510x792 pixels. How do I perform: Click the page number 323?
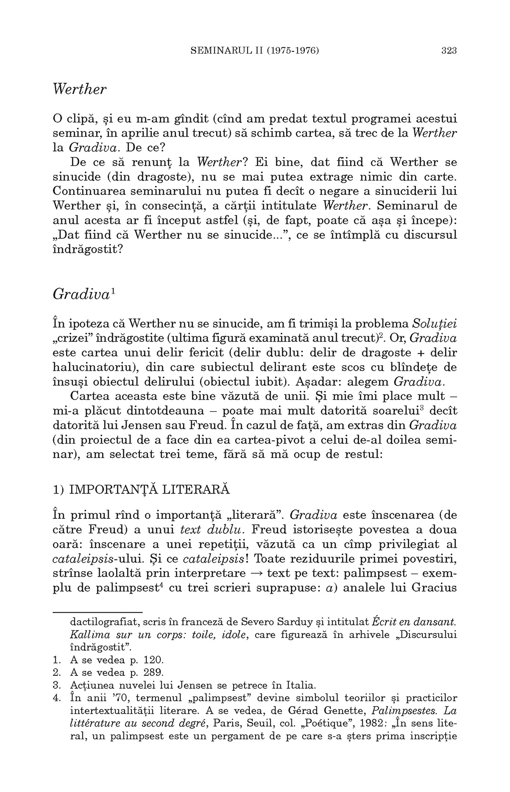(449, 50)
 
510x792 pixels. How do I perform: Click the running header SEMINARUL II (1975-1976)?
(255, 50)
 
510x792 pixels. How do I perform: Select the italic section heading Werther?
(80, 90)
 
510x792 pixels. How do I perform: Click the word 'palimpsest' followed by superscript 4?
(130, 587)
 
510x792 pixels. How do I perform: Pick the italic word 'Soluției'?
(436, 322)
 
